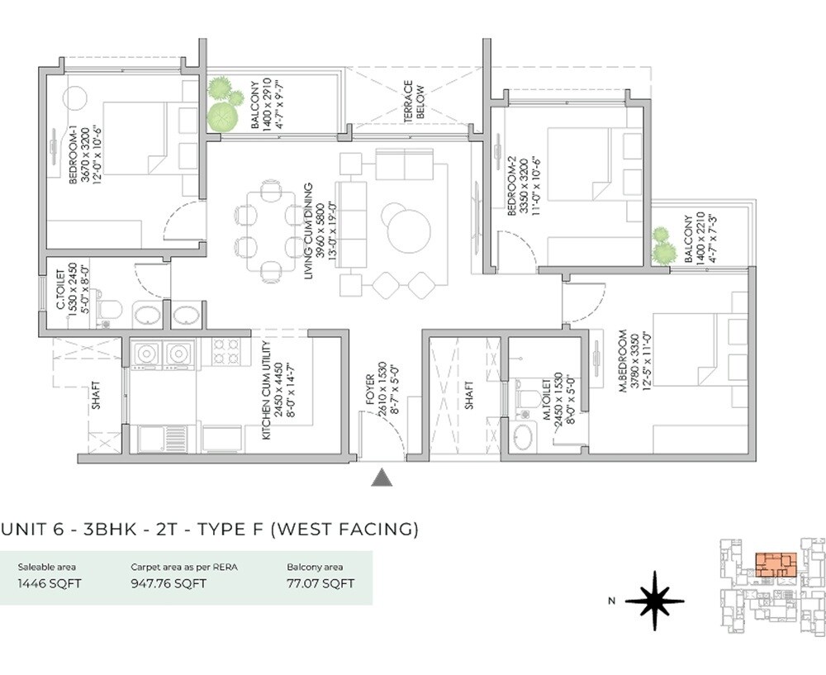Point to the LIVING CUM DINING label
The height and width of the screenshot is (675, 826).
pyautogui.click(x=307, y=231)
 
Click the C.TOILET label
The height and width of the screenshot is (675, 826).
pyautogui.click(x=61, y=287)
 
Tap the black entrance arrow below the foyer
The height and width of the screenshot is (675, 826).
pyautogui.click(x=381, y=478)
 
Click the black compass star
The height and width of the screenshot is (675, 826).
pyautogui.click(x=654, y=601)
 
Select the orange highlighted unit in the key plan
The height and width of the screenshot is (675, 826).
pyautogui.click(x=774, y=566)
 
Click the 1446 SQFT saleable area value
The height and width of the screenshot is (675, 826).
pyautogui.click(x=50, y=583)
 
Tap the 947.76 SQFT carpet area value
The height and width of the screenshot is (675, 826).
pyautogui.click(x=169, y=583)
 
